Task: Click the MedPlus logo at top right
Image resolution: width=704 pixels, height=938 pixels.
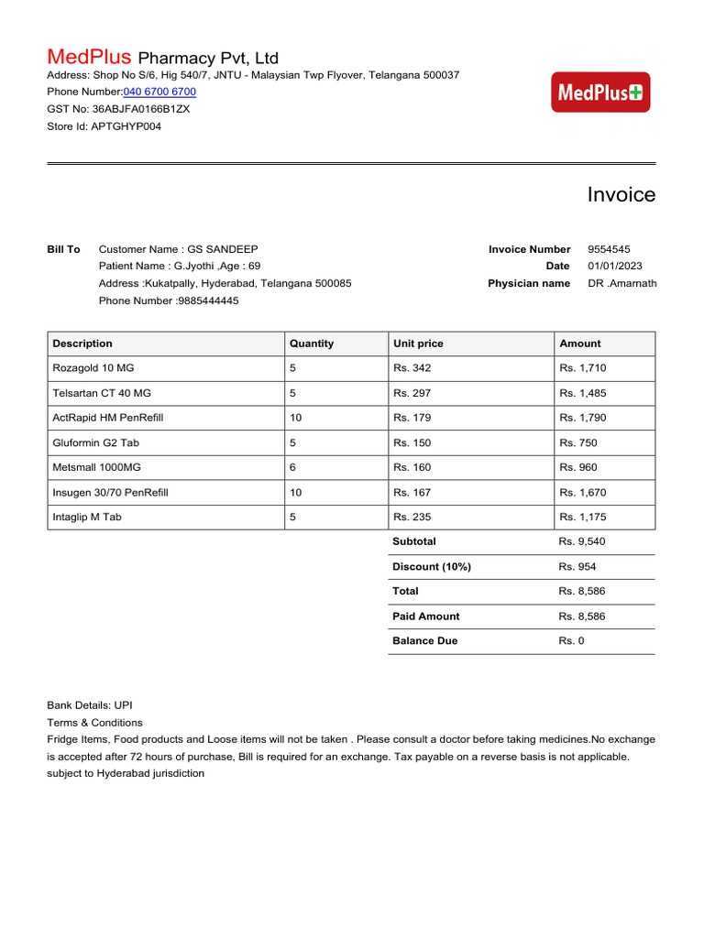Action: pyautogui.click(x=600, y=93)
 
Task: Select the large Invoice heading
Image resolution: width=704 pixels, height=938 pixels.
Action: pyautogui.click(x=621, y=194)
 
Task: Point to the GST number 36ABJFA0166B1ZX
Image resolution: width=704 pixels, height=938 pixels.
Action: pyautogui.click(x=141, y=109)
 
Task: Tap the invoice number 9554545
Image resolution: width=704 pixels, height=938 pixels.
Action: pyautogui.click(x=609, y=249)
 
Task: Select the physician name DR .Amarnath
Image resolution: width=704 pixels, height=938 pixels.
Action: pyautogui.click(x=621, y=283)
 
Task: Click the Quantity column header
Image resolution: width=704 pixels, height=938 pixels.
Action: pyautogui.click(x=312, y=344)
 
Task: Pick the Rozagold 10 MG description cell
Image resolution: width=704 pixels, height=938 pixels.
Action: pyautogui.click(x=93, y=368)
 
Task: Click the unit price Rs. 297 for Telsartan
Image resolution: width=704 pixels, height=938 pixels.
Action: pyautogui.click(x=412, y=393)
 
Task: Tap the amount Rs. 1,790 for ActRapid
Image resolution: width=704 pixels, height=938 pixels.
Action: pyautogui.click(x=582, y=418)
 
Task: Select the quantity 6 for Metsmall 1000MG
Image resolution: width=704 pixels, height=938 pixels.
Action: pyautogui.click(x=292, y=467)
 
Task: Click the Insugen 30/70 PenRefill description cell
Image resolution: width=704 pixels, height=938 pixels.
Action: pyautogui.click(x=110, y=493)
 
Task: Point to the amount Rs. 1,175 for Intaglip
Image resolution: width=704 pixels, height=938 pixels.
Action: pyautogui.click(x=582, y=518)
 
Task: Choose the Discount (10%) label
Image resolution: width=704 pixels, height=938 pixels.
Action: pyautogui.click(x=432, y=567)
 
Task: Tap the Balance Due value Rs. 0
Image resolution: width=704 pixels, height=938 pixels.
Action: pyautogui.click(x=571, y=641)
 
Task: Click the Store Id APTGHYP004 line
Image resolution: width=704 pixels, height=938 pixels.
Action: pyautogui.click(x=104, y=126)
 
